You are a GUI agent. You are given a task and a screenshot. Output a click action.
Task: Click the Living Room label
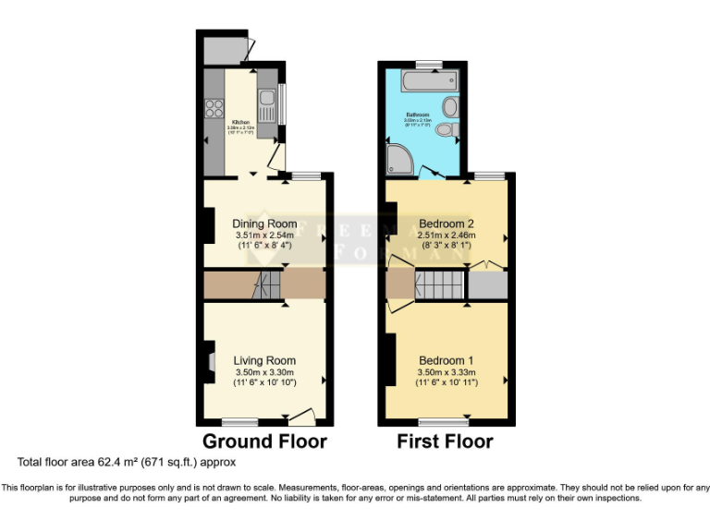(x=264, y=360)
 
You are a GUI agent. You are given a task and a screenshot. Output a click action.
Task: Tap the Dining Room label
(x=264, y=224)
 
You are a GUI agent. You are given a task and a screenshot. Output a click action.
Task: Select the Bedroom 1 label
(x=447, y=360)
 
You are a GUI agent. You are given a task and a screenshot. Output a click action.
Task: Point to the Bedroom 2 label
(x=447, y=224)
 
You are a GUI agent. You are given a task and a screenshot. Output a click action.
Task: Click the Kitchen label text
(x=240, y=122)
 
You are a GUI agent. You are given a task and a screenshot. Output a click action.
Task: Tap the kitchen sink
(x=266, y=100)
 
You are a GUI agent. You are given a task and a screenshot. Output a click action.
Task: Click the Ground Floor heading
(x=264, y=441)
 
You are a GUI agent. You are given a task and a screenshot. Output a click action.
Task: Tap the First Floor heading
(x=445, y=441)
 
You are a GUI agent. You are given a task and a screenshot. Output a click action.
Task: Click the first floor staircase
(x=439, y=284)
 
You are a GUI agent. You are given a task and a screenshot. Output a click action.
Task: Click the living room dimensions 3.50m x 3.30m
(x=264, y=373)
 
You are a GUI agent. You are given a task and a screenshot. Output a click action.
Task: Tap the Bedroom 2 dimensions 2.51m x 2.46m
(x=447, y=236)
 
